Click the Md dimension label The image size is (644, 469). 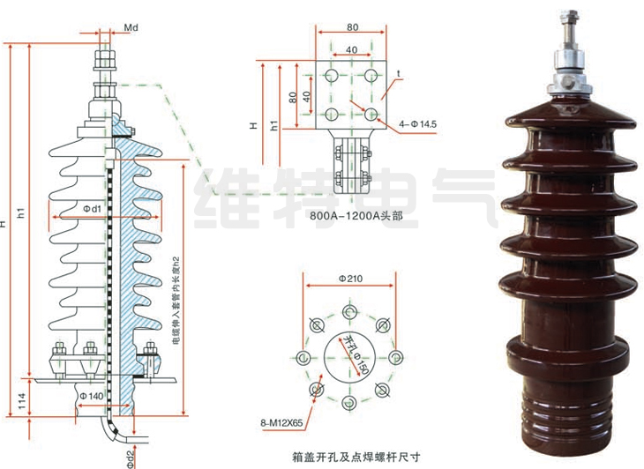(x=131, y=28)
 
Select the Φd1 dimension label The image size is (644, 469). (x=93, y=209)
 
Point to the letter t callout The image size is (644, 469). (x=399, y=72)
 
